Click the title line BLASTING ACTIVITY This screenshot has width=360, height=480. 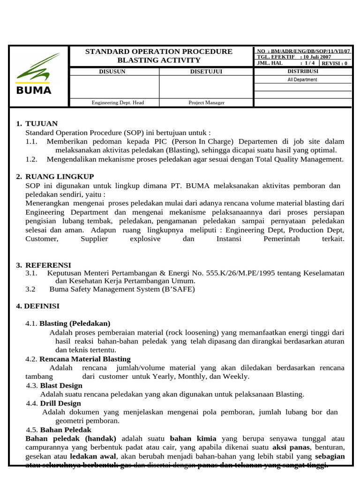158,60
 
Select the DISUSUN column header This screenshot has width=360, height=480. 114,72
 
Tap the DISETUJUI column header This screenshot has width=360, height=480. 206,72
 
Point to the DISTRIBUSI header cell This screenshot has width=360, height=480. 302,71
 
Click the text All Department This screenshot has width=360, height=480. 302,80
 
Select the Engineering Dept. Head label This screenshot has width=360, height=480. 118,103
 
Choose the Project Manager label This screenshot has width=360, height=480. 206,103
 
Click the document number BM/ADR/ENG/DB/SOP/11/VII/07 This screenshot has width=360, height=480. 309,51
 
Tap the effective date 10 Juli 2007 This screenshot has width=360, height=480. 318,57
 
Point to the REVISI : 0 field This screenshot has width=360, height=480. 335,63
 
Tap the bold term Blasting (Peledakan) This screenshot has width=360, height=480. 75,323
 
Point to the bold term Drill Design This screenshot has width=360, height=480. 60,403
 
